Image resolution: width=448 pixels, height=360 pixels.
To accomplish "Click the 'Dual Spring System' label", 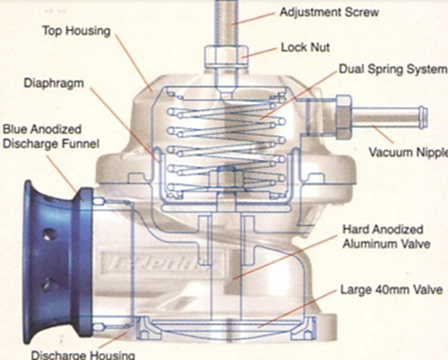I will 392,69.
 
